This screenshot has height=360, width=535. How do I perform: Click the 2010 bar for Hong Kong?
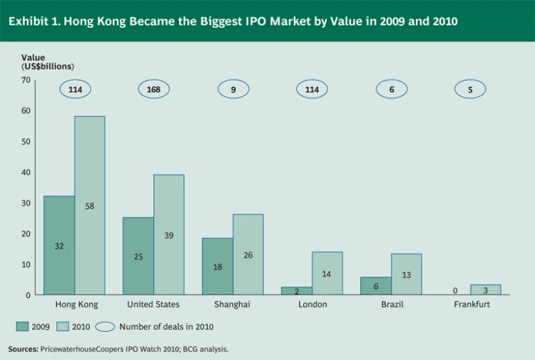89,205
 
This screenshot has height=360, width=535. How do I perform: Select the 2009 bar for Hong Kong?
59,245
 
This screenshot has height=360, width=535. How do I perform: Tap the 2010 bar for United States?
169,235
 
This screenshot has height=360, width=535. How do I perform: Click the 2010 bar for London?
327,274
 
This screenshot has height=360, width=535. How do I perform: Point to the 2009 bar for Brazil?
375,285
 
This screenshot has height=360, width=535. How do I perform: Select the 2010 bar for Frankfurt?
485,290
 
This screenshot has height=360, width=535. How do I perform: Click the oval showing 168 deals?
153,89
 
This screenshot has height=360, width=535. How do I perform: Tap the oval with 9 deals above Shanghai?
233,89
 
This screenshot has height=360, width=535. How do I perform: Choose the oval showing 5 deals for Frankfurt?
470,89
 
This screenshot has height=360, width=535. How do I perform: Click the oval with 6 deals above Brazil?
391,89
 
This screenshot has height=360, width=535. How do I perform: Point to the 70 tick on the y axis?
26,80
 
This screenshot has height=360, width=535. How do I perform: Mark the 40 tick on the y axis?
26,172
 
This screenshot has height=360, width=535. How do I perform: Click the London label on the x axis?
312,305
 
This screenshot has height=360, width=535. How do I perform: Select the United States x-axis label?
153,305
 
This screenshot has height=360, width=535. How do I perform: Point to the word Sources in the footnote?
23,348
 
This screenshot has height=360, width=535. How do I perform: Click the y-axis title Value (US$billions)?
47,62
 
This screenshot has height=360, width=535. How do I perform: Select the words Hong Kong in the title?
89,21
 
